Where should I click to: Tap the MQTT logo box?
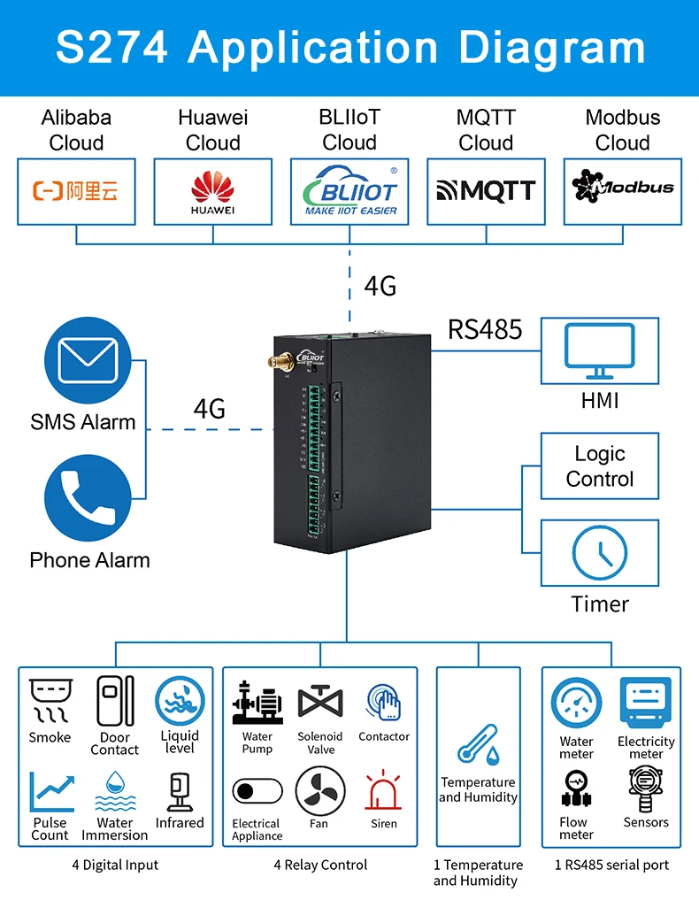point(486,191)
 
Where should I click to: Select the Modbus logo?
point(623,188)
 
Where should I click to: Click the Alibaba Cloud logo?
point(76,191)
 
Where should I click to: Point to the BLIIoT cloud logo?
point(349,191)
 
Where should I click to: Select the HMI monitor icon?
point(600,350)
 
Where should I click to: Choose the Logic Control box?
point(600,466)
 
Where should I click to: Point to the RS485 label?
point(485,329)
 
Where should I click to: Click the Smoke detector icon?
point(50,701)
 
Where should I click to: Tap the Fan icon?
point(319,790)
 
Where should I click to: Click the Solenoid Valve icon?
point(319,703)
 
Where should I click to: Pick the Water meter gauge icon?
point(576,704)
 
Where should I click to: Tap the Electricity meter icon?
point(646,703)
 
